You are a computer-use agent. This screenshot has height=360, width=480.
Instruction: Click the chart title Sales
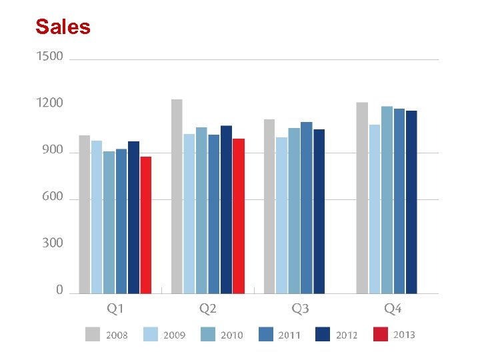pos(63,27)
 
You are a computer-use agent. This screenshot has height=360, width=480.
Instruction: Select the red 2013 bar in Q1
pos(146,225)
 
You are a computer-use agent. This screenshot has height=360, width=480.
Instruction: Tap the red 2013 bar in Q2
pos(239,216)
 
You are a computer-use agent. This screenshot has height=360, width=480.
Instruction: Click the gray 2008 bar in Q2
pos(177,196)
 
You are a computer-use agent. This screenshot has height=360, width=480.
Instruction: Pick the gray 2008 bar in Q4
pos(362,197)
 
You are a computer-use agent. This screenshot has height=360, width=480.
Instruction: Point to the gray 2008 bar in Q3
pos(269,206)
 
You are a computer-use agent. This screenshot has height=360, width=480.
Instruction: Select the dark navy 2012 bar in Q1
pos(133,217)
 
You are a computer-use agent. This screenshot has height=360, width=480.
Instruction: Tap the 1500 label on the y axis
pos(50,57)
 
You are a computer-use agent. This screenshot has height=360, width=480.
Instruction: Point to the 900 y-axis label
pos(52,151)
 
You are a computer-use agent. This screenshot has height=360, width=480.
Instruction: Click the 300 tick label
pos(52,243)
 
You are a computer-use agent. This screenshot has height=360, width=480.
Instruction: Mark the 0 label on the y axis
pos(59,290)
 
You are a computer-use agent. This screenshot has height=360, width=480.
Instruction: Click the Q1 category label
pos(115,309)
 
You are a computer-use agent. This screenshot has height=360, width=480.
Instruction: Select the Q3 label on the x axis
pos(300,309)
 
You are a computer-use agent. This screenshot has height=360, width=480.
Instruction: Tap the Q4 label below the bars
pos(393,309)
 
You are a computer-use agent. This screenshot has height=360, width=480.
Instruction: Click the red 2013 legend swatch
pos(381,334)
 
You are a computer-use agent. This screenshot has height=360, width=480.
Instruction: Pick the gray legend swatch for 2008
pos(93,334)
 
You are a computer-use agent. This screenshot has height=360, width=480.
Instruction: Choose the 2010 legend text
pos(232,335)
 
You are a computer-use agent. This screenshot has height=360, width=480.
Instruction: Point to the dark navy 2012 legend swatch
pos(323,334)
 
